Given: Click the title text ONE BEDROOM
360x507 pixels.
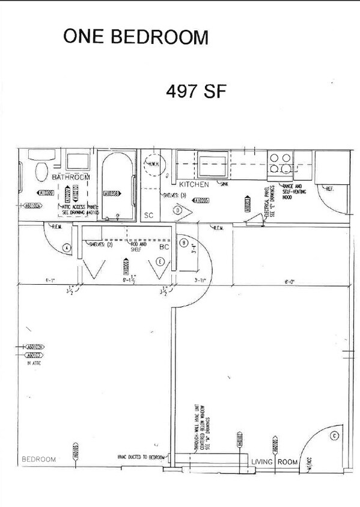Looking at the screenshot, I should coord(136,37).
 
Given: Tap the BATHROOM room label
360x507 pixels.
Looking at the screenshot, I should coord(70,177).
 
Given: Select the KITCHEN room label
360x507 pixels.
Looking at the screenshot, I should coord(194,184).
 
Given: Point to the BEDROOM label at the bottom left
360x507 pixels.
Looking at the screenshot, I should coord(38,459).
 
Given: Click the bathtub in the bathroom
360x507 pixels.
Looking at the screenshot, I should coord(119,186).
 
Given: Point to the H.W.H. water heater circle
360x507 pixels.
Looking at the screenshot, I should coord(153,165).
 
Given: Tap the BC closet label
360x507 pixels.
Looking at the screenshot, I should coord(163,247).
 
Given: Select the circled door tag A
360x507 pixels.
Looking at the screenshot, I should coord(67,247).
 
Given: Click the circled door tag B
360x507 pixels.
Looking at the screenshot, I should coord(183,242).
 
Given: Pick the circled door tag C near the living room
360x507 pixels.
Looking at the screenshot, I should coord(334,436).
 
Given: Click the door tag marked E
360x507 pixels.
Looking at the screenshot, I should coord(160,261).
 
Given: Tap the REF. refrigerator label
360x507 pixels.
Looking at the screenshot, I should coord(329,189).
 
